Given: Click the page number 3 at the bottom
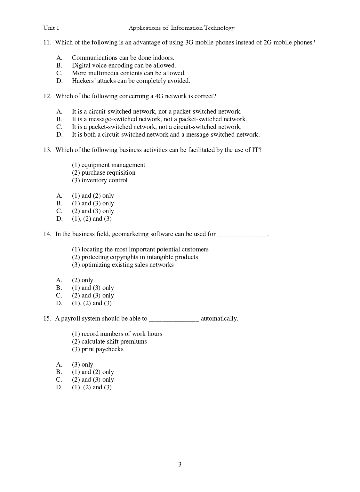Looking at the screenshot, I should tap(180, 464).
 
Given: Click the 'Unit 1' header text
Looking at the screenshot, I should tap(51, 28).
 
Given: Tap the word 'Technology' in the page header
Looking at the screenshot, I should tap(220, 28).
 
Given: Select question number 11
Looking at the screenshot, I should tap(47, 43).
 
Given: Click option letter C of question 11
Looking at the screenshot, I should tap(59, 73).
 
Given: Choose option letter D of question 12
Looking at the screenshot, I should tap(60, 135).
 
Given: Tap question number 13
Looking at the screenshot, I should tap(47, 150).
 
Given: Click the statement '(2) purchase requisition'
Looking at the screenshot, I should tap(104, 173).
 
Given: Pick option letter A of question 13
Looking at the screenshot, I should tap(59, 196).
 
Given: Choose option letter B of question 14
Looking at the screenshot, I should tap(59, 288).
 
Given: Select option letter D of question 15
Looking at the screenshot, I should tap(59, 387).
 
